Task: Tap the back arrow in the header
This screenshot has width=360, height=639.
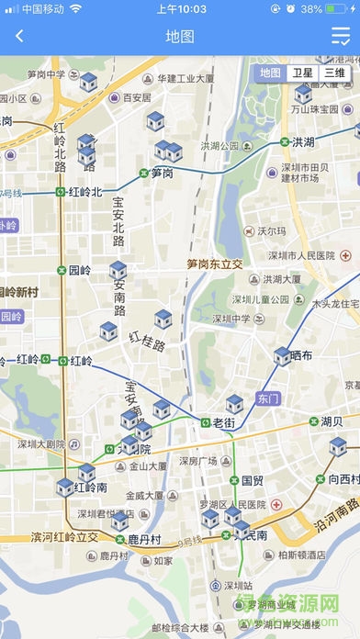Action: tap(19, 37)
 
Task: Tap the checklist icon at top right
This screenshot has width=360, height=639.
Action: tap(340, 37)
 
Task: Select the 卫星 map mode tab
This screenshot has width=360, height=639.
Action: tap(302, 73)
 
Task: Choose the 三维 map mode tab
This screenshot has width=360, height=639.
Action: tap(334, 73)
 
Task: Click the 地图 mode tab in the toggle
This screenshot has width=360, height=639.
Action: tap(270, 73)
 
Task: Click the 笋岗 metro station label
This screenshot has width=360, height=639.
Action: tap(163, 173)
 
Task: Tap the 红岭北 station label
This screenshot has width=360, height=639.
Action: tap(84, 192)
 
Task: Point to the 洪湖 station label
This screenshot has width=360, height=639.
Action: tap(303, 142)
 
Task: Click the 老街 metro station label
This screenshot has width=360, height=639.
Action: tap(224, 422)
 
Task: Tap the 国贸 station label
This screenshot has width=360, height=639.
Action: tap(252, 480)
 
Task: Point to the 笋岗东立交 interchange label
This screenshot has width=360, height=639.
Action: tap(214, 263)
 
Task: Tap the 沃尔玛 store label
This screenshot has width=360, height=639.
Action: tap(266, 231)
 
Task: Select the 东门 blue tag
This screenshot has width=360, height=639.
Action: tap(267, 399)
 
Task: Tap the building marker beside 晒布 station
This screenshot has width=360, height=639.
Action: tap(281, 356)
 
